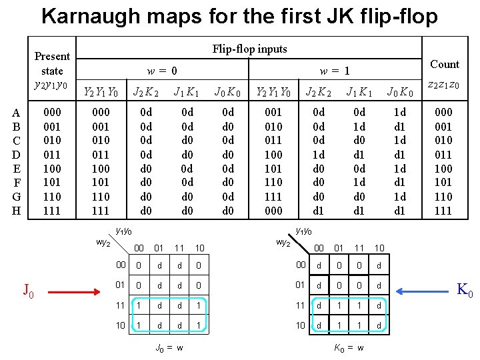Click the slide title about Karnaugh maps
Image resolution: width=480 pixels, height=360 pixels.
240,15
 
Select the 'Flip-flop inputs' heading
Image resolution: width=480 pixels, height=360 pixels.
249,49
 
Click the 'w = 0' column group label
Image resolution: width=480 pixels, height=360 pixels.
163,70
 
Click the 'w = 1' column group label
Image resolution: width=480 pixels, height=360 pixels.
334,70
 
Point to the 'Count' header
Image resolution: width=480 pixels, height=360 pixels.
445,64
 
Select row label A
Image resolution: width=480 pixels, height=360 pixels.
16,113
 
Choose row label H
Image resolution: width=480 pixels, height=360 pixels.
16,211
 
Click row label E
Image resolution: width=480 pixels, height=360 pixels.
16,169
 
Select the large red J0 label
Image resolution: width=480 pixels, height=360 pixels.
29,291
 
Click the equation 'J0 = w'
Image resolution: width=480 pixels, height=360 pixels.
169,347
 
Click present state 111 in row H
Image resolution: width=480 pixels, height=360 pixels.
52,211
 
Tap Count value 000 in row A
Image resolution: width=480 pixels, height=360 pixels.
443,113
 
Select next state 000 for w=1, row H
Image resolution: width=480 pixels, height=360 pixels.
274,211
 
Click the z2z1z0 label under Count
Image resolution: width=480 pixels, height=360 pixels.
443,85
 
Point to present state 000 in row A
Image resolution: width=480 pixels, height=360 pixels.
52,113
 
